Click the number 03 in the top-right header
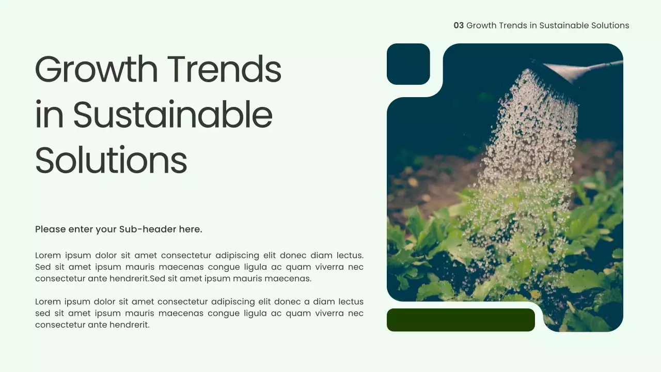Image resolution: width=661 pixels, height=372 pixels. (459, 25)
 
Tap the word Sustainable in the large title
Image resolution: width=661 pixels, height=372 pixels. (172, 115)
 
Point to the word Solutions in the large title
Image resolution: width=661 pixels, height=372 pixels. (111, 160)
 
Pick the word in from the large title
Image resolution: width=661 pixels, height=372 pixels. (49, 115)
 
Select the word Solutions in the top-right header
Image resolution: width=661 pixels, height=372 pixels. (610, 25)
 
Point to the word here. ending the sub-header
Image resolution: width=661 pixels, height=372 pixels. (191, 229)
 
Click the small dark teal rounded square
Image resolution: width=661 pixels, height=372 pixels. (408, 64)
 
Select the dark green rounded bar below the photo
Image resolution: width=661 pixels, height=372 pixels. (461, 320)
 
